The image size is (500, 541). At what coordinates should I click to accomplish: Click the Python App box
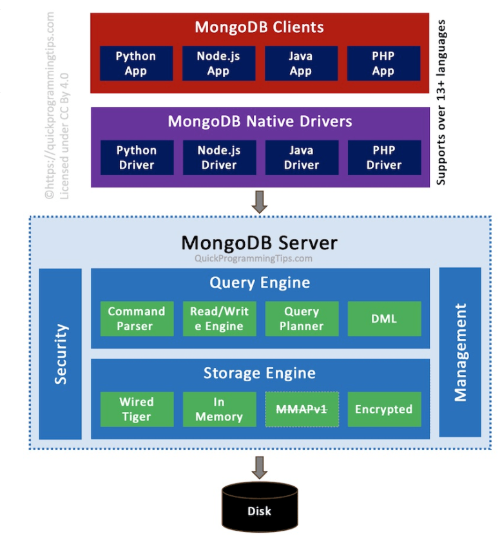click(x=136, y=63)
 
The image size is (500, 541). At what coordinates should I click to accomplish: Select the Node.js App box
click(x=218, y=63)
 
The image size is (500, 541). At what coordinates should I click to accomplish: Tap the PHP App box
click(x=383, y=63)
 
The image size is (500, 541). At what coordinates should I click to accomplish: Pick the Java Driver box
click(x=302, y=158)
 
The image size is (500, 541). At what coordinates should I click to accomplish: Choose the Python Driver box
click(x=137, y=158)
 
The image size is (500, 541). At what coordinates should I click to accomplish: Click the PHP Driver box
click(x=384, y=158)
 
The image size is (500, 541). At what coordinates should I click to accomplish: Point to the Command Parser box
click(x=137, y=319)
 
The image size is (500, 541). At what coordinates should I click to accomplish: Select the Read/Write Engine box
click(x=219, y=319)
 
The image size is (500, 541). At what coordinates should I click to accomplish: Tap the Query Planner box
click(x=302, y=319)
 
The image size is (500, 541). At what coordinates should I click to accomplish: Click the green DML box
click(x=384, y=319)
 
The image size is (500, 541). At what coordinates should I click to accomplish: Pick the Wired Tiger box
click(x=137, y=409)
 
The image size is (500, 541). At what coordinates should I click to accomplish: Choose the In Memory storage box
click(x=219, y=409)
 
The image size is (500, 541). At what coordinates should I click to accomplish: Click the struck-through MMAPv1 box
click(x=302, y=409)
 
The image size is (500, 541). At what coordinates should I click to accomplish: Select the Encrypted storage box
click(x=384, y=409)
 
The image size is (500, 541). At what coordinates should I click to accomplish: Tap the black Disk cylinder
click(x=260, y=509)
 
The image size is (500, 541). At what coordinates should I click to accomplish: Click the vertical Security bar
click(x=61, y=354)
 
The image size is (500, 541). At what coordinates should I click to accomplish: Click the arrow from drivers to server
click(x=260, y=202)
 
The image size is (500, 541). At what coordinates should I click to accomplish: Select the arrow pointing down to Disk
click(x=260, y=467)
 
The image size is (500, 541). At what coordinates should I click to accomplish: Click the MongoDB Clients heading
click(x=260, y=28)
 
